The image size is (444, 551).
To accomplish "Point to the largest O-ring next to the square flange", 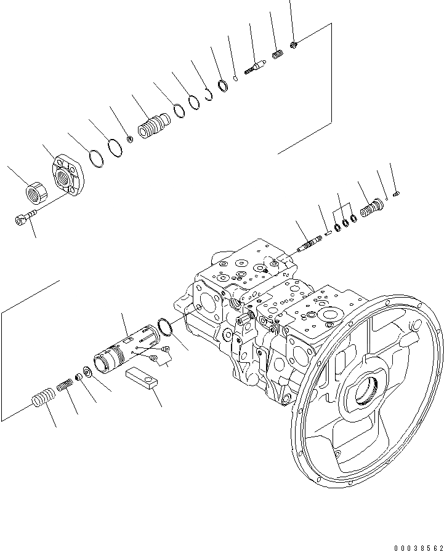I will tap(96, 158).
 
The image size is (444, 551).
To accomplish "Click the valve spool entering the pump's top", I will tap(308, 244).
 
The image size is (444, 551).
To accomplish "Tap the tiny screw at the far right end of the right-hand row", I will tap(397, 194).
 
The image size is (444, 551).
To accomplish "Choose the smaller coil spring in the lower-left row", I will tap(66, 387).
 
